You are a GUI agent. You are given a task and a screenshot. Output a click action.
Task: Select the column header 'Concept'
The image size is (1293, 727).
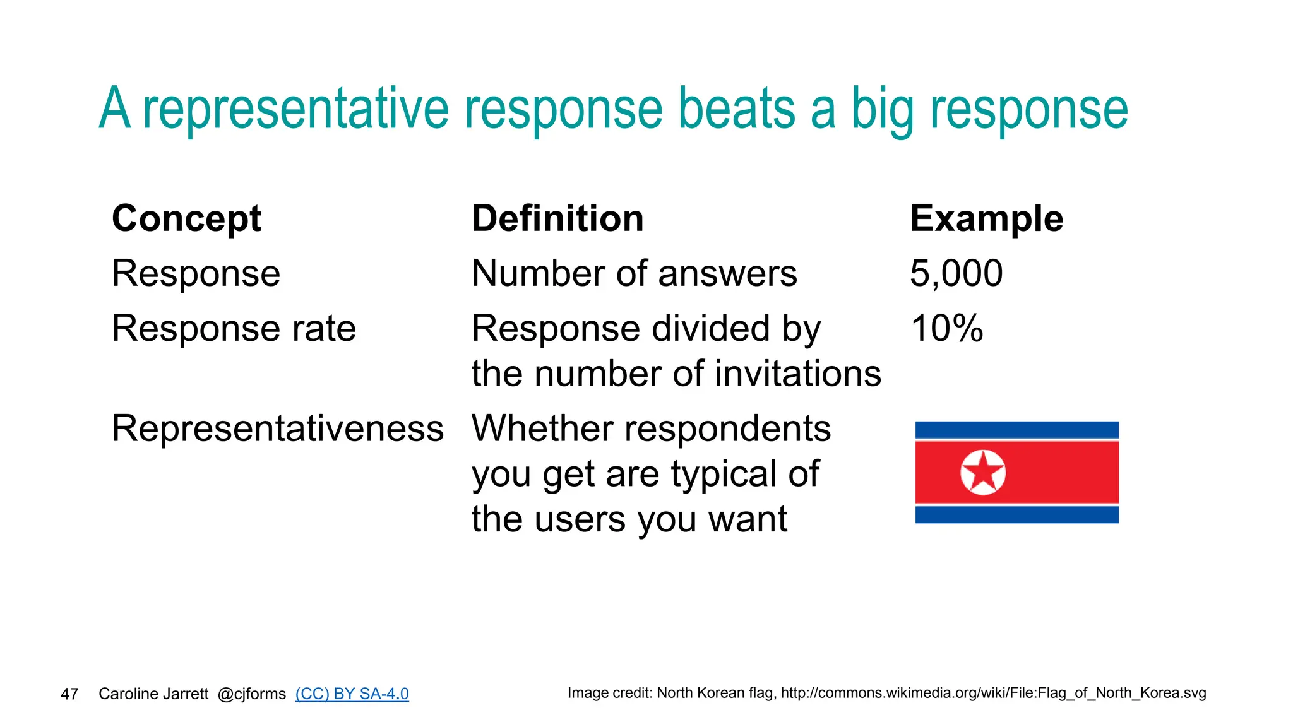click(x=186, y=218)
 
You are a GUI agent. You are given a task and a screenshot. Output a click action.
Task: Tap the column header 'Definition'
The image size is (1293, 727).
click(x=557, y=218)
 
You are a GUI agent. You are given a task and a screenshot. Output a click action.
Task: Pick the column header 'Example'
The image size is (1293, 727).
click(x=986, y=218)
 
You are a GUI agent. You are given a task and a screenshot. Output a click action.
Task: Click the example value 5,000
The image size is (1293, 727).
click(x=956, y=273)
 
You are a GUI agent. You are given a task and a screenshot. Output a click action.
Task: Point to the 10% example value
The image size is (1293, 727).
click(x=946, y=328)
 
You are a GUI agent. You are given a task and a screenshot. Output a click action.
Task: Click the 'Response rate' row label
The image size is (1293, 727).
click(x=234, y=328)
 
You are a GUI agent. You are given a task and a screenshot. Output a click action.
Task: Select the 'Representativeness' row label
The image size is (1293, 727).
click(x=278, y=429)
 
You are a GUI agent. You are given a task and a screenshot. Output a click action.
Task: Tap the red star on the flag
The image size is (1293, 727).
click(x=983, y=472)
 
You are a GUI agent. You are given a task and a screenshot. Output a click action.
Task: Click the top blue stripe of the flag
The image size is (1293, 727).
click(x=1016, y=430)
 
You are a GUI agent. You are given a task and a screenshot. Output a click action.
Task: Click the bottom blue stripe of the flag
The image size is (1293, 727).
click(x=1016, y=514)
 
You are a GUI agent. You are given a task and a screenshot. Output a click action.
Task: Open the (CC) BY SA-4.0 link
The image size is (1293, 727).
click(x=352, y=694)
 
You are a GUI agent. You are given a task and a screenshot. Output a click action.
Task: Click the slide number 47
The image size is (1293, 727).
click(x=69, y=694)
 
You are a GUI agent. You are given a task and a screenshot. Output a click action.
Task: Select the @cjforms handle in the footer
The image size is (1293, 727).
click(x=251, y=694)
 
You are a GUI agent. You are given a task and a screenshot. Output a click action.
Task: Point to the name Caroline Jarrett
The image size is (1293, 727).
click(x=153, y=694)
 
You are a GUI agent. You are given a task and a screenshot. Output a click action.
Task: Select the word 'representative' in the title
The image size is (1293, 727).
click(x=295, y=109)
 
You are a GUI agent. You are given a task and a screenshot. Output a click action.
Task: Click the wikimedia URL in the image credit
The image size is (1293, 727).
click(x=993, y=693)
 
